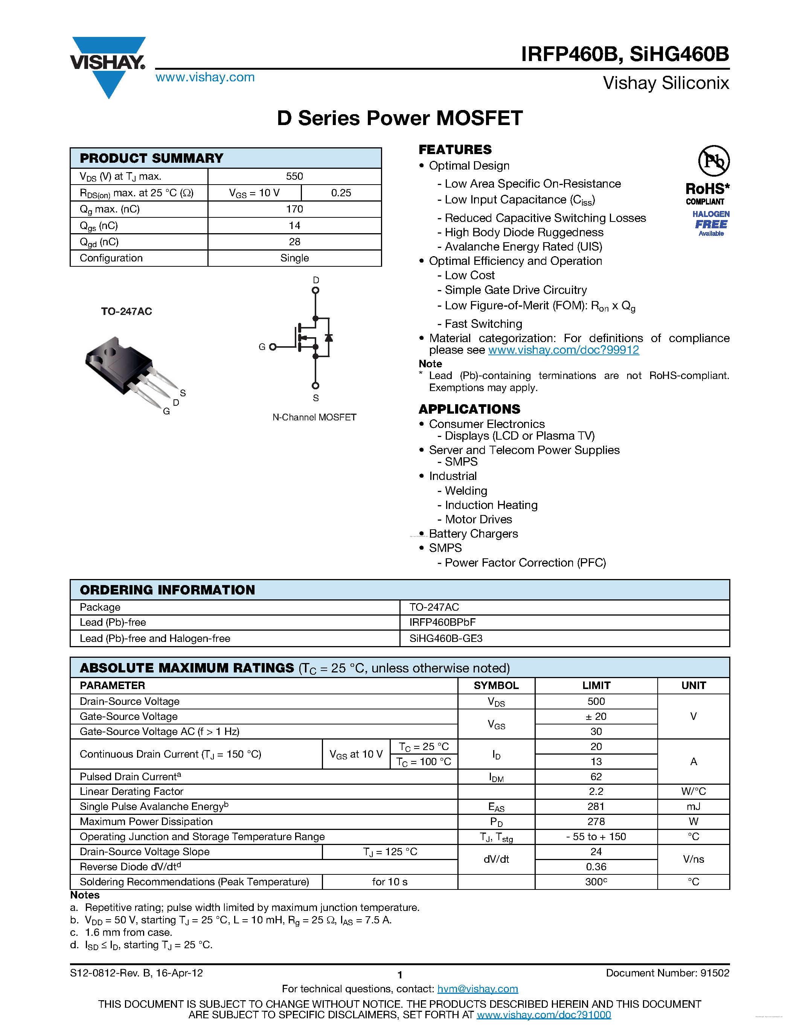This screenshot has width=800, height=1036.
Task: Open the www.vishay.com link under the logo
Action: pyautogui.click(x=205, y=77)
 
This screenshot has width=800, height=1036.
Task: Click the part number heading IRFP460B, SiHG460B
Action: pyautogui.click(x=625, y=54)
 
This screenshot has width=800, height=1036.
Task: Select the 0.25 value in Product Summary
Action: pyautogui.click(x=341, y=193)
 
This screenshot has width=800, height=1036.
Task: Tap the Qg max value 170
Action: pyautogui.click(x=294, y=209)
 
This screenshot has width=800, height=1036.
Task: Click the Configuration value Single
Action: pyautogui.click(x=294, y=258)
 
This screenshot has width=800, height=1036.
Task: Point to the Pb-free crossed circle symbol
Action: pyautogui.click(x=713, y=161)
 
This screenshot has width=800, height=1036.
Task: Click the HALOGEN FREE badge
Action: pyautogui.click(x=711, y=223)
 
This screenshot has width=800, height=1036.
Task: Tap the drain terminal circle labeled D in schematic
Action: pyautogui.click(x=315, y=290)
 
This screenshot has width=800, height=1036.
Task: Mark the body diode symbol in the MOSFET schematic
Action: pyautogui.click(x=328, y=338)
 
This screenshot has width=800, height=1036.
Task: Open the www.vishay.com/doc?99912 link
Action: pyautogui.click(x=563, y=350)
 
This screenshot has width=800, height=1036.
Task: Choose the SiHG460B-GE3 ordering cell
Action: pyautogui.click(x=445, y=639)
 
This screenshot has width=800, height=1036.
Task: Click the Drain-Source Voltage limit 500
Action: pyautogui.click(x=596, y=701)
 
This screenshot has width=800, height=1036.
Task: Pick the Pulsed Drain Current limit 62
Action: pyautogui.click(x=596, y=776)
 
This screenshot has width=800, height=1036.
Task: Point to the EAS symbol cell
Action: pyautogui.click(x=496, y=807)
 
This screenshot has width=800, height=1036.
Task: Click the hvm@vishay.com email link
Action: pyautogui.click(x=477, y=989)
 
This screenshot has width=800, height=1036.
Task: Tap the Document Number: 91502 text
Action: pyautogui.click(x=667, y=973)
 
